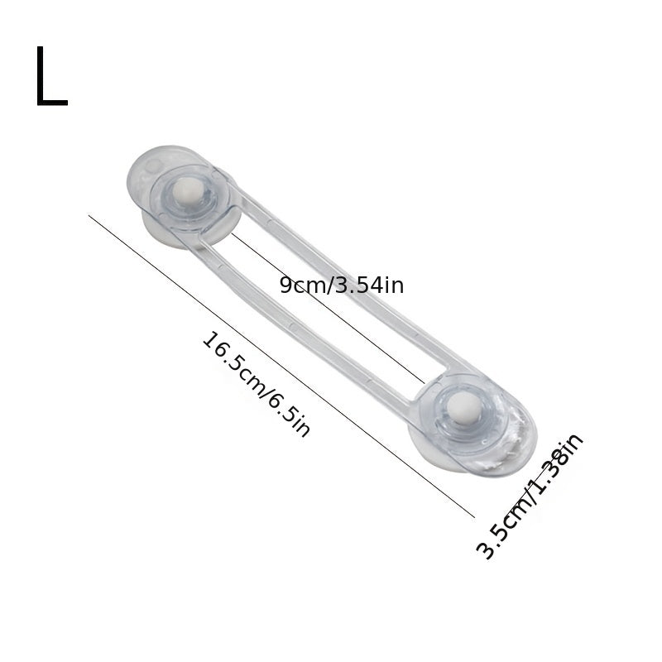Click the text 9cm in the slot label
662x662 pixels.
pyautogui.click(x=303, y=285)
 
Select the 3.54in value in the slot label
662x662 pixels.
pyautogui.click(x=370, y=285)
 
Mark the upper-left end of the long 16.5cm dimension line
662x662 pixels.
pyautogui.click(x=89, y=216)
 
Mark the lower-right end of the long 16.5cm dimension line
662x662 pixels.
pyautogui.click(x=474, y=517)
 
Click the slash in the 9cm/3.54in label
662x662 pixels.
pyautogui.click(x=331, y=285)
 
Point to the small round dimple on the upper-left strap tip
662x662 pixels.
pyautogui.click(x=151, y=166)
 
